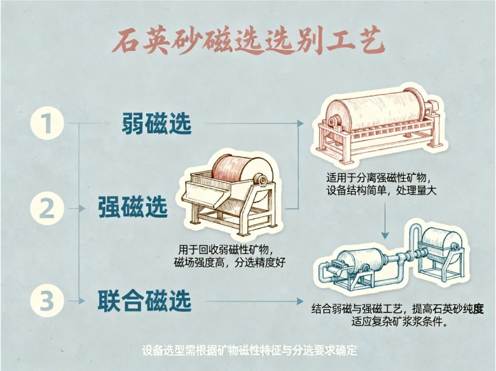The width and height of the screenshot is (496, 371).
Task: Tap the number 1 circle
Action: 48,124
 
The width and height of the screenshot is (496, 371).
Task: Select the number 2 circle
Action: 48,208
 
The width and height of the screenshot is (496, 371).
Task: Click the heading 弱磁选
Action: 156,123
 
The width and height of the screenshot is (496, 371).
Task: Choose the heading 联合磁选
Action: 144,300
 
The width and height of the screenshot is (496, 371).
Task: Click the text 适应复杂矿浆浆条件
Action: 399,322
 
